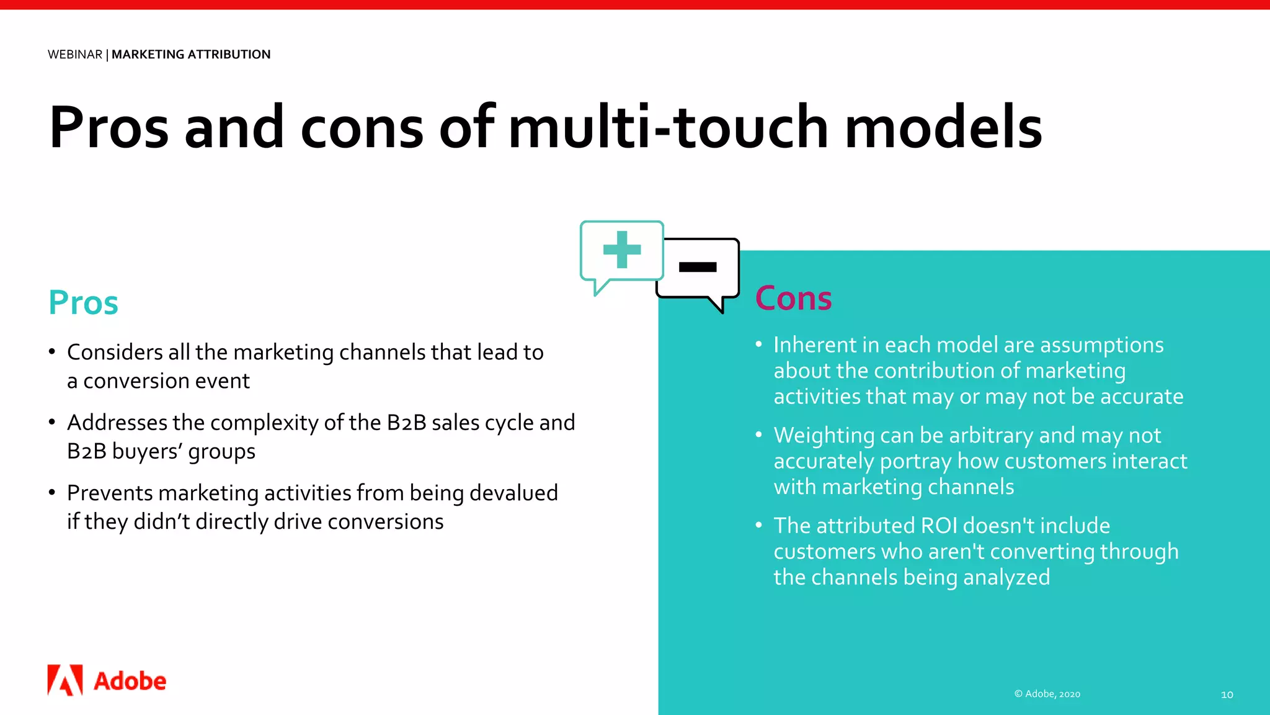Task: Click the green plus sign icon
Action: (x=622, y=250)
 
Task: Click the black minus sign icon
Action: (x=698, y=267)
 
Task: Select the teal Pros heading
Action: (x=83, y=303)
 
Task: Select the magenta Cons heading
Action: (x=793, y=299)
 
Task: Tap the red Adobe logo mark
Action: (x=65, y=680)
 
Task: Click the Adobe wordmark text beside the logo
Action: (x=130, y=681)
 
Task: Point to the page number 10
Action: (x=1227, y=695)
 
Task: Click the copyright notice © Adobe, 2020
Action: (x=1047, y=694)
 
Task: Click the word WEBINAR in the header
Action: (x=75, y=55)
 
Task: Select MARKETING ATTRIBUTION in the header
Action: (x=191, y=55)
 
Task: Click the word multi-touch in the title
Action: (x=668, y=127)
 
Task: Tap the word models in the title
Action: (x=943, y=127)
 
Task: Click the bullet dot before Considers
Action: (x=52, y=352)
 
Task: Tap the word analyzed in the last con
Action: (x=1006, y=578)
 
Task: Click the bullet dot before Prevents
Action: (x=52, y=493)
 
